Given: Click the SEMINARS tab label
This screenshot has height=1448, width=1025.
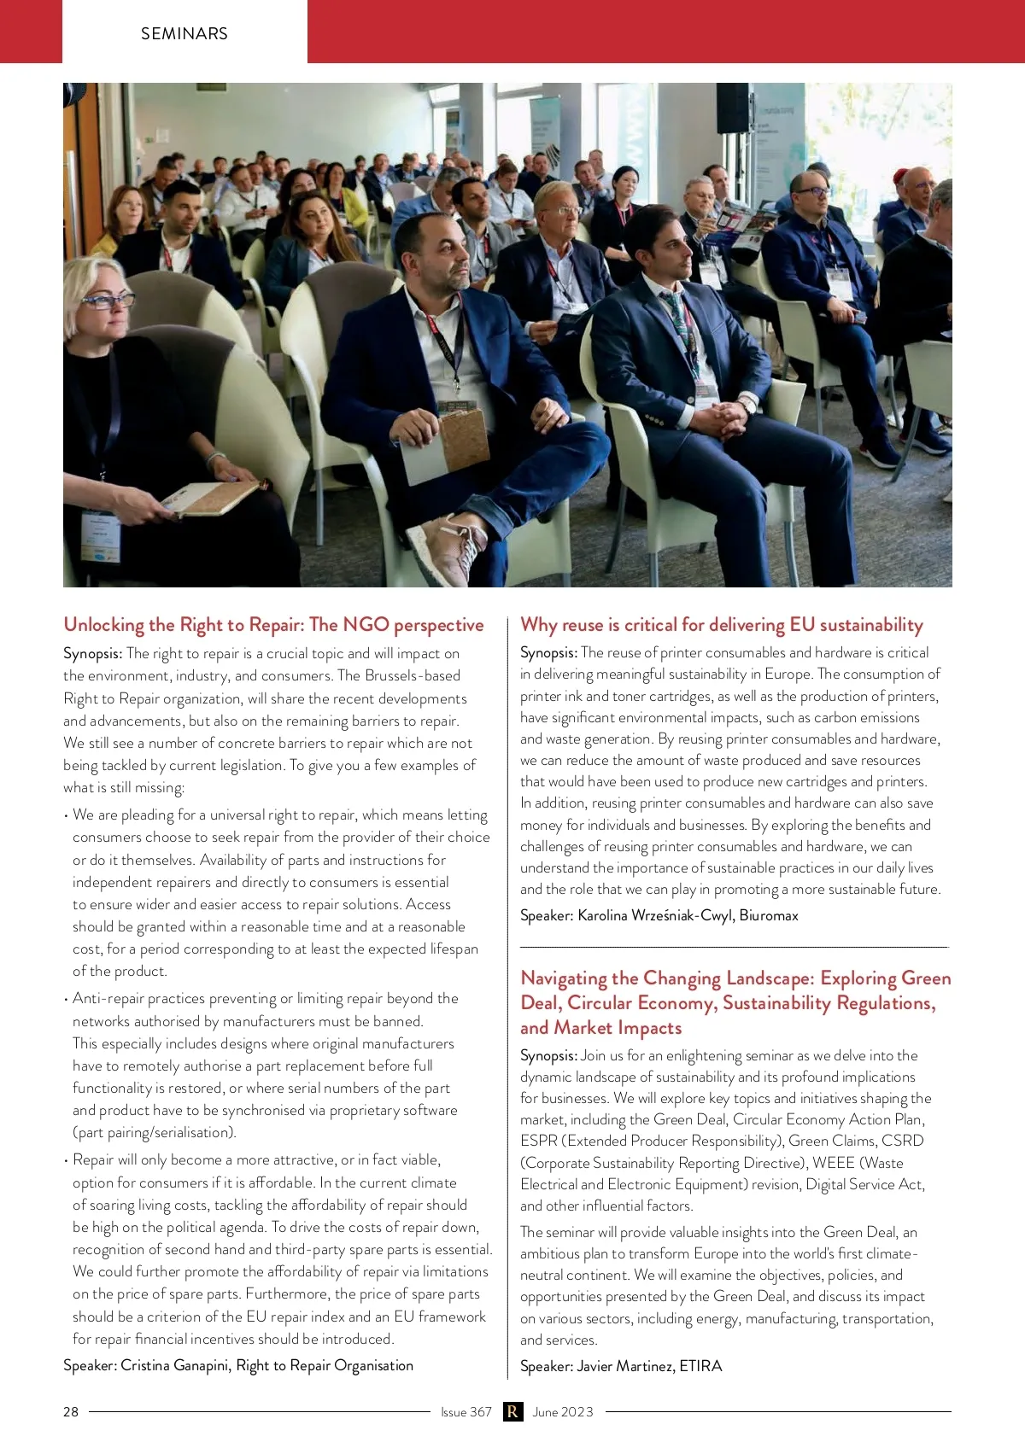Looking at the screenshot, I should [x=184, y=33].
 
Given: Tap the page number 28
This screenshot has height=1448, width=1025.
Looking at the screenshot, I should [x=71, y=1411].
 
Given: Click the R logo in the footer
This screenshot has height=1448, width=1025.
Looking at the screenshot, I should [x=512, y=1411].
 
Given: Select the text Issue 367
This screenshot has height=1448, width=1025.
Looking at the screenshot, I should [x=466, y=1411].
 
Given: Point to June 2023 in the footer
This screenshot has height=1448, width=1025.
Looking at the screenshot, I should [x=562, y=1411].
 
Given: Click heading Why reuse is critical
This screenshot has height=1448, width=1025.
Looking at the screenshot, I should [x=722, y=624].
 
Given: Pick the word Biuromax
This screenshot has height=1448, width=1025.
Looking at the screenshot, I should [x=769, y=915].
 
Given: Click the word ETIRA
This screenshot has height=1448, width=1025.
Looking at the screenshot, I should [x=700, y=1365].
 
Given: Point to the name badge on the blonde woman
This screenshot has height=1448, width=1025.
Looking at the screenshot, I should [x=101, y=535].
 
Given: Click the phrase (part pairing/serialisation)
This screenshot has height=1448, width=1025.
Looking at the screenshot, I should [x=155, y=1132].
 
